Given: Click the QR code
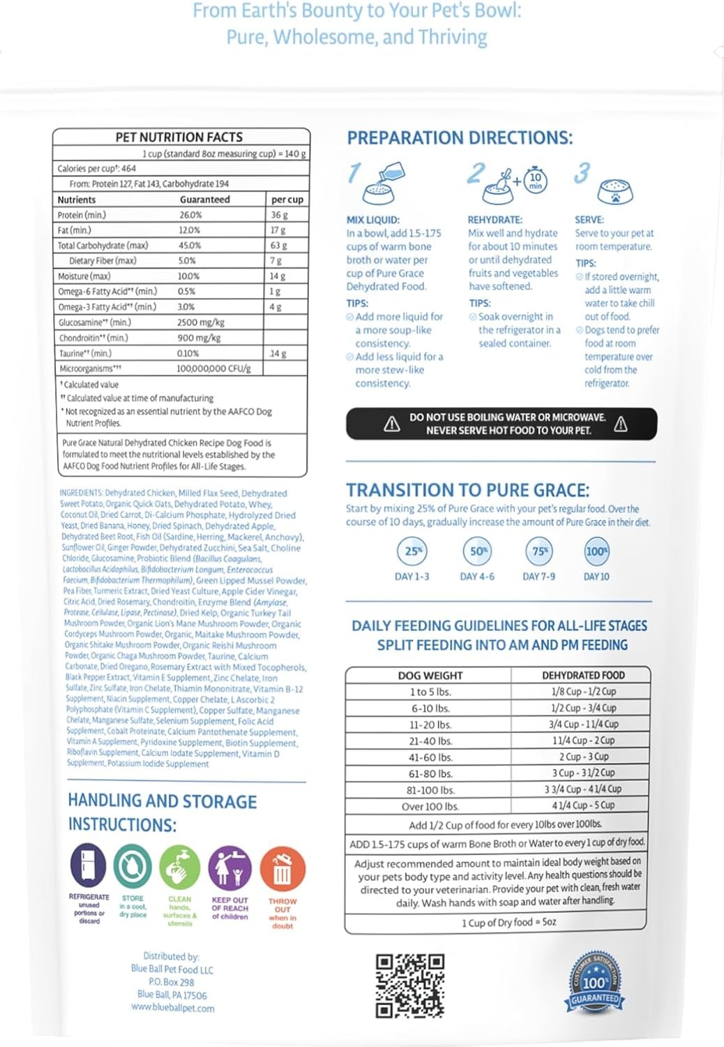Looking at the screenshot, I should [x=409, y=985].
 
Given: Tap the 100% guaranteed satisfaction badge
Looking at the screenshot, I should [x=594, y=981].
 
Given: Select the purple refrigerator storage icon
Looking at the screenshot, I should [x=89, y=866].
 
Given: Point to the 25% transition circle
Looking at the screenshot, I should [x=413, y=551].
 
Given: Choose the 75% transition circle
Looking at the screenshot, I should [x=539, y=551].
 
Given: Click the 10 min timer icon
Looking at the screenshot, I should [x=536, y=181].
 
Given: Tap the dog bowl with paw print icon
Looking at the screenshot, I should [x=614, y=189].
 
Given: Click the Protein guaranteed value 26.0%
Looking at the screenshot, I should [x=190, y=215].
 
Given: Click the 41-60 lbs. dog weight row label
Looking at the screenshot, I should [x=430, y=757].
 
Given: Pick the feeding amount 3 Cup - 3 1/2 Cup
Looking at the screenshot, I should [x=583, y=773].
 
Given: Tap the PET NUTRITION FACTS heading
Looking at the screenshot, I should [x=179, y=138].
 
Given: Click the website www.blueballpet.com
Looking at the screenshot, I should [x=173, y=1008].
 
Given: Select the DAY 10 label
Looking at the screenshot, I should [x=596, y=577].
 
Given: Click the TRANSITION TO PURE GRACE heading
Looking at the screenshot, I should [x=467, y=490].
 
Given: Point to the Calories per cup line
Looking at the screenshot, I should [x=97, y=168].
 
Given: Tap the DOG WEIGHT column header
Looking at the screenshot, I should [x=430, y=676].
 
